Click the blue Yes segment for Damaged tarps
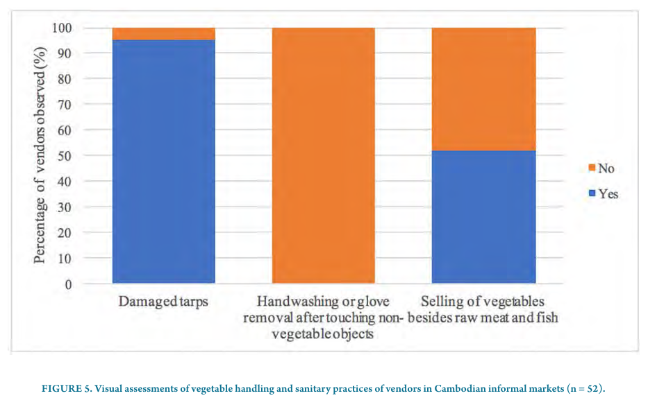(x=164, y=161)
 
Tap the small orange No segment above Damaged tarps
(x=164, y=33)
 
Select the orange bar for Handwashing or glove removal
(x=323, y=155)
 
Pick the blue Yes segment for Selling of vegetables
(x=484, y=216)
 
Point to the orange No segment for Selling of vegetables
(x=484, y=89)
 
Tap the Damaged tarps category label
(x=164, y=302)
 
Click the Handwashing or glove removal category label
(x=323, y=318)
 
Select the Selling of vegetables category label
(x=484, y=310)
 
